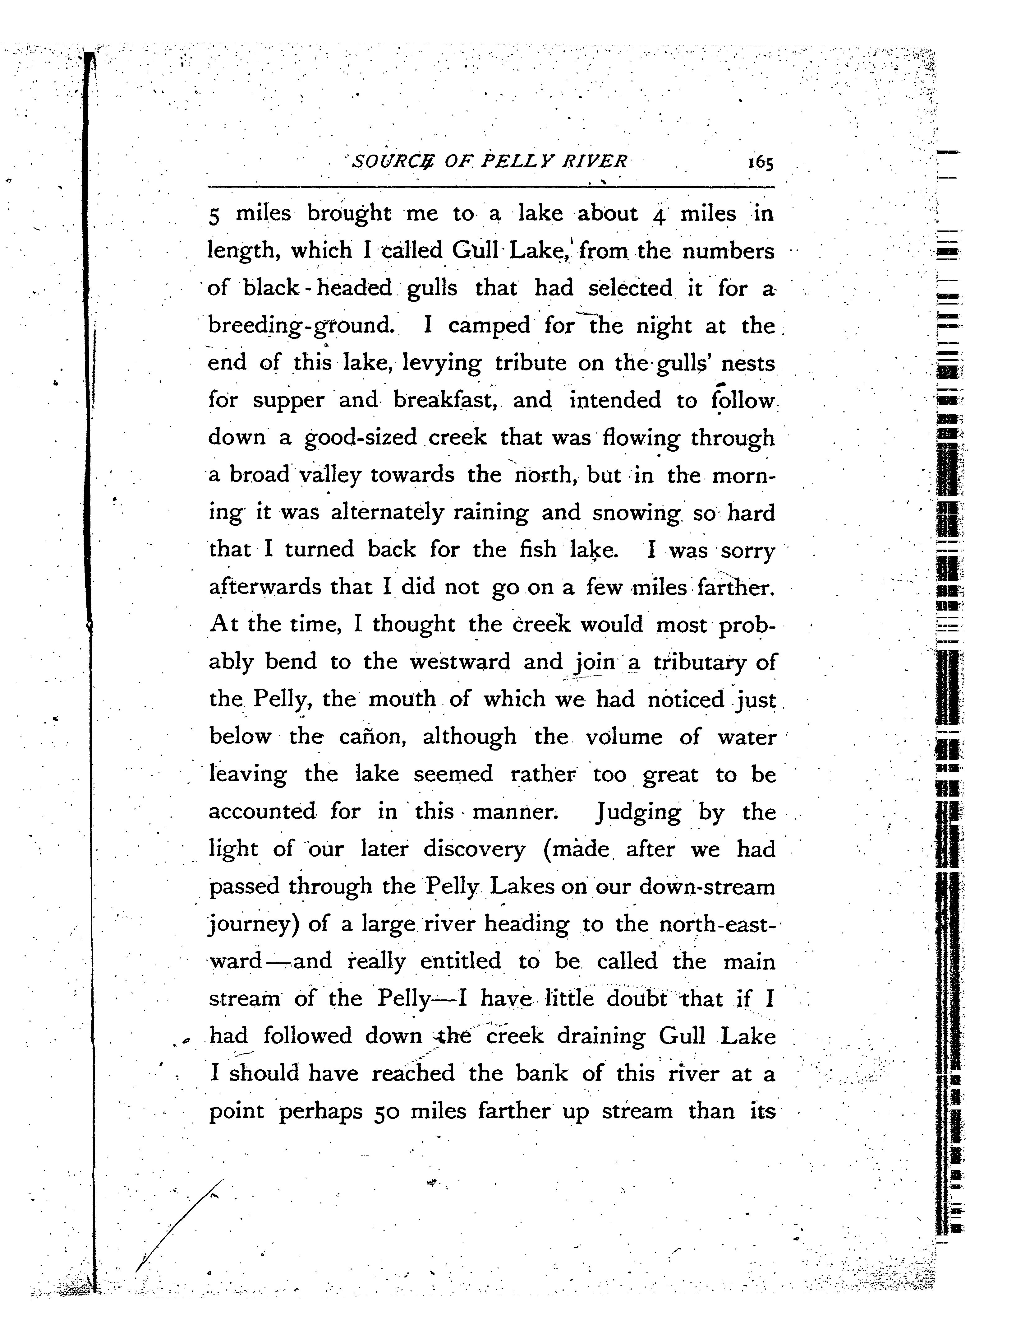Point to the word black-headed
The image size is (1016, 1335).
click(x=318, y=288)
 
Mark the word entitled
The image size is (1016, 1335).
click(x=461, y=962)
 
